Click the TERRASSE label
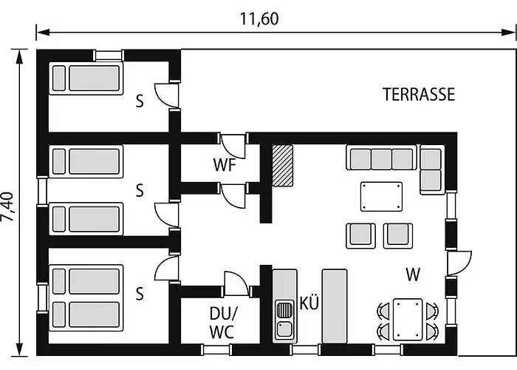[419, 95]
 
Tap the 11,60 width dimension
[259, 18]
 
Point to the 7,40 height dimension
[7, 206]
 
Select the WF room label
[225, 165]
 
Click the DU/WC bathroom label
[222, 323]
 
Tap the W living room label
[413, 275]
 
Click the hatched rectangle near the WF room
[283, 166]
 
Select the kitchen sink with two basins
[285, 320]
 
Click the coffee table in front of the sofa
[382, 197]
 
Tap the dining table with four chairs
[408, 320]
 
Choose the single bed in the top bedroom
[86, 78]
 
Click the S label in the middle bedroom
[140, 190]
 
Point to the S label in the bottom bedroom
[140, 293]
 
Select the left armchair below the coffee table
[360, 236]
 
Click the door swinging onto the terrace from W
[459, 263]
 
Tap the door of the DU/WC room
[236, 283]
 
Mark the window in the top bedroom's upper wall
[108, 55]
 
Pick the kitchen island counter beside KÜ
[335, 306]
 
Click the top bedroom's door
[167, 95]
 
